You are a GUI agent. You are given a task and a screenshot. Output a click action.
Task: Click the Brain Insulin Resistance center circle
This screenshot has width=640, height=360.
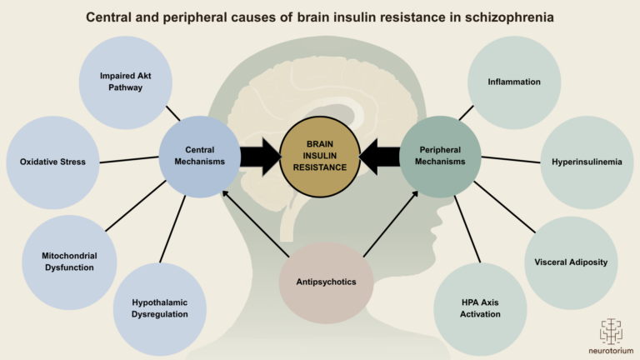320,156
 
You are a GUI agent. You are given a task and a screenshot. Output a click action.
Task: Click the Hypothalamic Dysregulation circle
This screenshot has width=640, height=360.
159,308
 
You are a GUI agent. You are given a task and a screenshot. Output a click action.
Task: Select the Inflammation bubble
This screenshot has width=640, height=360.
515,82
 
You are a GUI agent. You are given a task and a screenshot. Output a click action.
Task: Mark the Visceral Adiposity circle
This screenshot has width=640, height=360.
571,262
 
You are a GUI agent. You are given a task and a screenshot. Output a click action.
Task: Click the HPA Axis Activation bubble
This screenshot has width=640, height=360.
480,308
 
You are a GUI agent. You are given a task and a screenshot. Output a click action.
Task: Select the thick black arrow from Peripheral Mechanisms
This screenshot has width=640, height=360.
380,157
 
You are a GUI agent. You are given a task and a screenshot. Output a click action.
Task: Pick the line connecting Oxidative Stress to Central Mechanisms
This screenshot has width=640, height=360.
129,160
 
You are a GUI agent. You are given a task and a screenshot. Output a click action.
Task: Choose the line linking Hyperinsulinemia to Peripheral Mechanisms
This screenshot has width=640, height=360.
511,158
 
